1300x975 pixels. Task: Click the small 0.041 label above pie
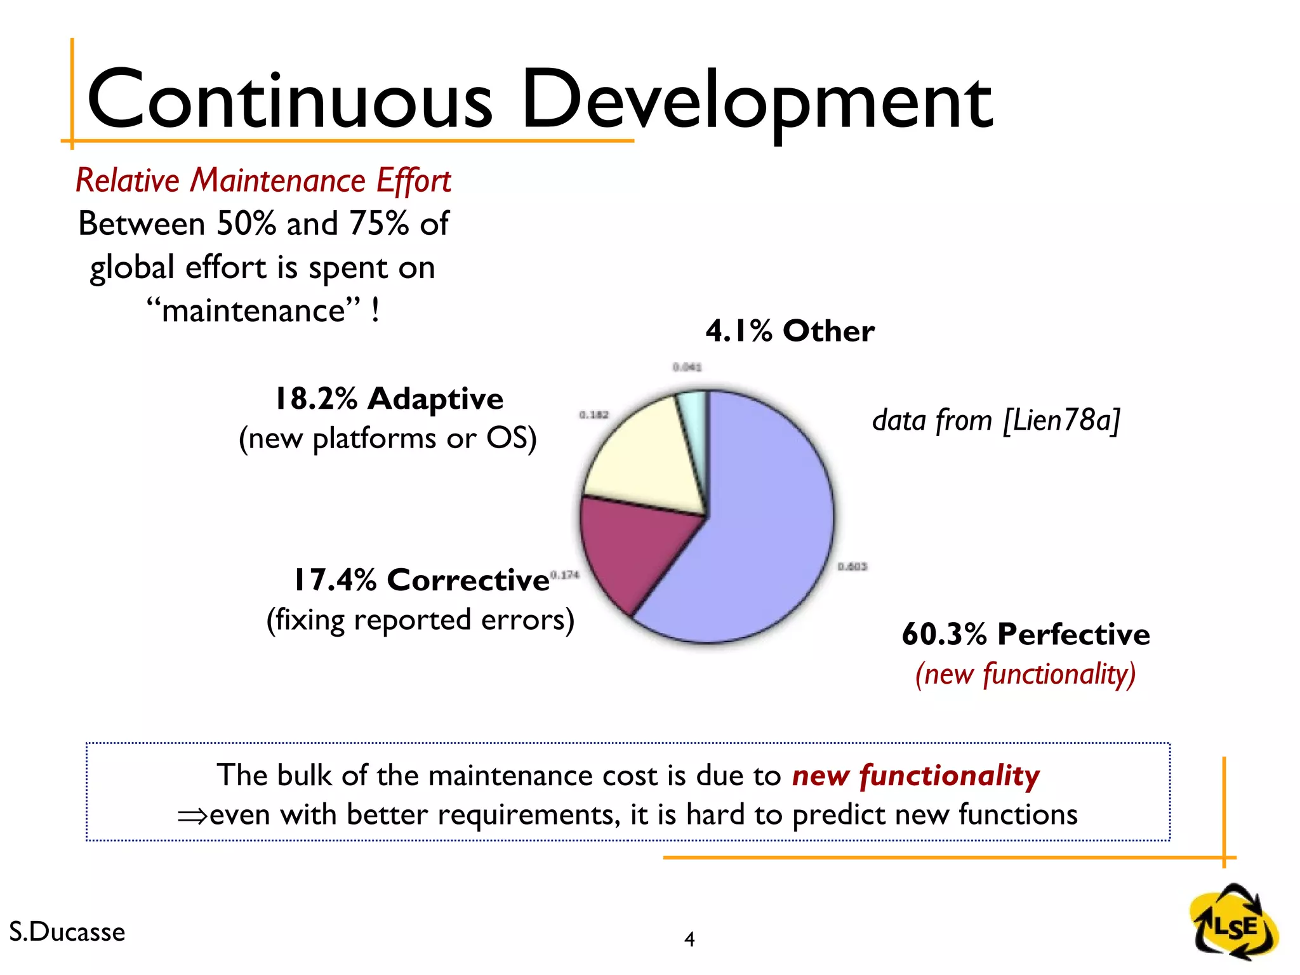pos(687,367)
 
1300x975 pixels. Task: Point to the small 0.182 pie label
pos(594,415)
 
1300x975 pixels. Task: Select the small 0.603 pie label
pos(852,566)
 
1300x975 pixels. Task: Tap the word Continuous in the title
pos(289,102)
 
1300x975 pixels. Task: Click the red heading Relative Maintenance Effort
pos(263,180)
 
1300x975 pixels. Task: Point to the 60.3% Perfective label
pos(1025,634)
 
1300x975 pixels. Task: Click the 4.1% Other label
pos(790,331)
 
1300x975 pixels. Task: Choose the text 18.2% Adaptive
pos(388,399)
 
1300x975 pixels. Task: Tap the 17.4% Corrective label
pos(421,580)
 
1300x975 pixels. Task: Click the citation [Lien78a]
pos(1061,420)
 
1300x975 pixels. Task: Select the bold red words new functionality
pos(915,776)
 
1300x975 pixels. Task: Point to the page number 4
pos(689,939)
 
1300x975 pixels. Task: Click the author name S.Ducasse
pos(67,932)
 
